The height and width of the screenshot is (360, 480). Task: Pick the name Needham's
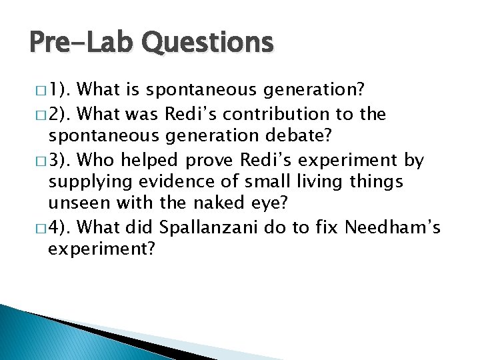point(392,227)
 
